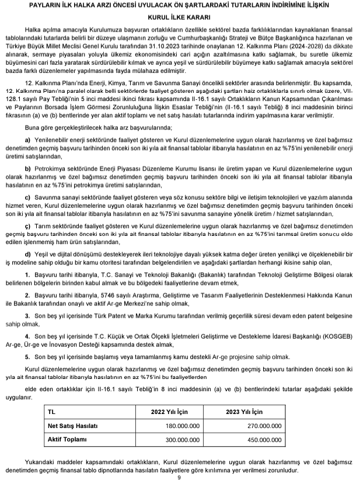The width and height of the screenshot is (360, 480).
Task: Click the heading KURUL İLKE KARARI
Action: [x=180, y=17]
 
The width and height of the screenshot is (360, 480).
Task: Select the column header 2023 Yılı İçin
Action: [x=255, y=412]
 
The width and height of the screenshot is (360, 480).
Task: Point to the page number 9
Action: [x=180, y=476]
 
